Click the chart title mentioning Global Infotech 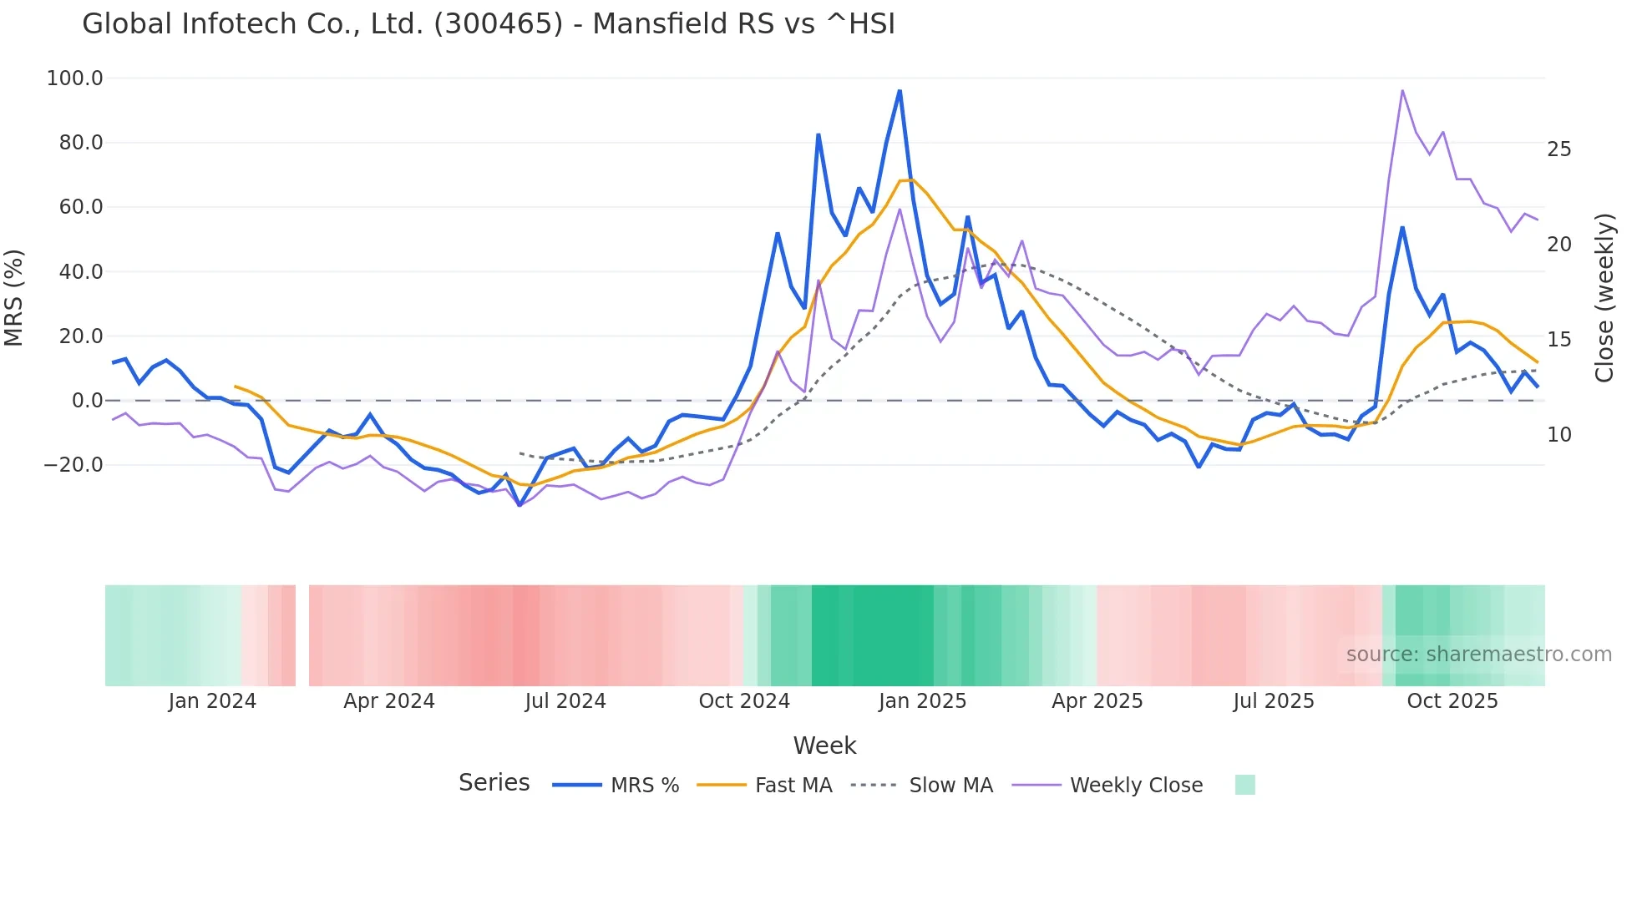pyautogui.click(x=488, y=24)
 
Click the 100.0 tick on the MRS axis pyautogui.click(x=75, y=78)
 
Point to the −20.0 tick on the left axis pyautogui.click(x=73, y=465)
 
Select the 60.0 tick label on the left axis pyautogui.click(x=80, y=207)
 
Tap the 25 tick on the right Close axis pyautogui.click(x=1558, y=149)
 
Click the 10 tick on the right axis pyautogui.click(x=1558, y=435)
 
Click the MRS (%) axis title pyautogui.click(x=14, y=297)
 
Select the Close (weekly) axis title pyautogui.click(x=1604, y=297)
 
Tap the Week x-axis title pyautogui.click(x=824, y=746)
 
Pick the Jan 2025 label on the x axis pyautogui.click(x=922, y=701)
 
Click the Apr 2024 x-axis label pyautogui.click(x=389, y=701)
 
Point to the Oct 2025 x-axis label pyautogui.click(x=1452, y=701)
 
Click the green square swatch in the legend pyautogui.click(x=1244, y=785)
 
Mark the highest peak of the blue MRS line pyautogui.click(x=900, y=90)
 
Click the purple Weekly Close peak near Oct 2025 pyautogui.click(x=1402, y=90)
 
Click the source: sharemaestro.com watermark pyautogui.click(x=1478, y=655)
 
